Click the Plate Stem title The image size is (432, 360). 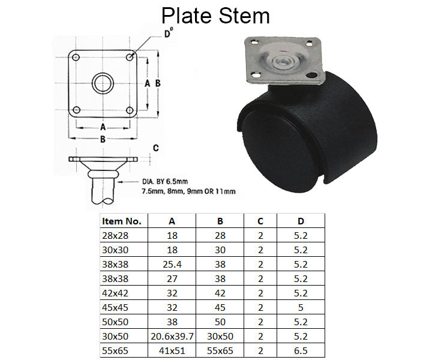pos(215,16)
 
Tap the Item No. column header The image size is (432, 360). pos(121,221)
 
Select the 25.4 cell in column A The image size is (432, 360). pos(172,265)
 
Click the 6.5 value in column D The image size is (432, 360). pos(301,350)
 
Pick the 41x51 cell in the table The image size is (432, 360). pos(172,350)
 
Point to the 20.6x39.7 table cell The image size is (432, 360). pos(172,337)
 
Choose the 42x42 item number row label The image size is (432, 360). pos(115,293)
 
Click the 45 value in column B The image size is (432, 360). pos(220,307)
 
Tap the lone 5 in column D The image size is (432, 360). pos(301,307)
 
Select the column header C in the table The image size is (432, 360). pos(260,221)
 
